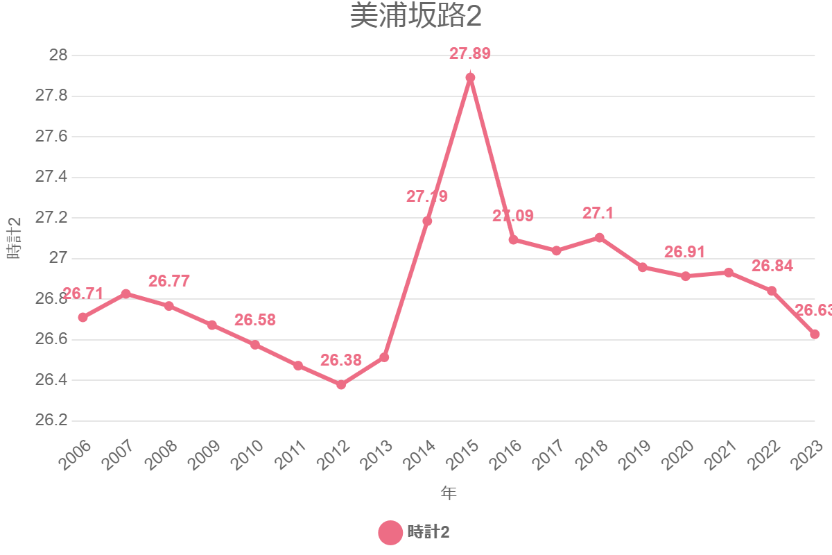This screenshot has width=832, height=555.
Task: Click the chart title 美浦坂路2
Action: click(x=415, y=17)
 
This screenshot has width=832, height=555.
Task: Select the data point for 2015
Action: click(x=470, y=78)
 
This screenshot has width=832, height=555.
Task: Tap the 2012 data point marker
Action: click(x=341, y=384)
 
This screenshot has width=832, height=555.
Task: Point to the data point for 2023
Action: click(x=815, y=334)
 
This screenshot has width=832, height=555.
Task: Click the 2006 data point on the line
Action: click(x=83, y=318)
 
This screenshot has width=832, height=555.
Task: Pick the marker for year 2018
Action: click(x=600, y=237)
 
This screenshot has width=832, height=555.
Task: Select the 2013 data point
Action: click(x=384, y=357)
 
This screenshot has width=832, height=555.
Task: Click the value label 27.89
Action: click(x=470, y=54)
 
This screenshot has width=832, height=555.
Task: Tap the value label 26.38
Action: click(x=341, y=360)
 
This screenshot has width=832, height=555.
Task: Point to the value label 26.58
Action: click(x=255, y=321)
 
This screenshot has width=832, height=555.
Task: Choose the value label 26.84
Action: click(x=772, y=266)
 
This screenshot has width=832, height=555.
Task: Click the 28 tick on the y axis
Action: click(x=58, y=55)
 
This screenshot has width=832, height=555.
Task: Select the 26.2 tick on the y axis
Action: click(x=51, y=421)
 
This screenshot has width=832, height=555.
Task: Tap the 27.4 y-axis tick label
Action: click(x=51, y=178)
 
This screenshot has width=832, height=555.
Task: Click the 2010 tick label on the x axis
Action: click(x=248, y=456)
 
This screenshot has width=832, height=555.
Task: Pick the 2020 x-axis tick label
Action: click(x=678, y=456)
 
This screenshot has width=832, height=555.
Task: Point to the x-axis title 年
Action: click(x=449, y=493)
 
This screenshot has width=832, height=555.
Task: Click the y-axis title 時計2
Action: click(x=15, y=238)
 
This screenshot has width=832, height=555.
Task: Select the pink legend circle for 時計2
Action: click(x=390, y=533)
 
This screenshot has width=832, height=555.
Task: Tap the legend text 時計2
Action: click(x=428, y=533)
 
